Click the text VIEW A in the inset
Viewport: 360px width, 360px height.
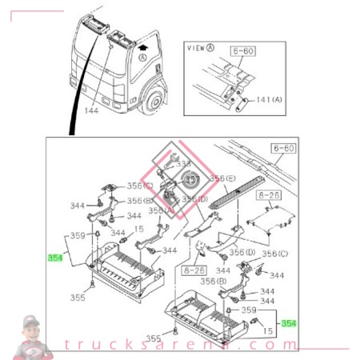point(199,48)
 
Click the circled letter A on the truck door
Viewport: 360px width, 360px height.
point(143,58)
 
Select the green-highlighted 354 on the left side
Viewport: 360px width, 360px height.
point(54,258)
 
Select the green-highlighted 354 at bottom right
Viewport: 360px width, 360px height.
point(289,322)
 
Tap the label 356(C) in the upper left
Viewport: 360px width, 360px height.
point(140,186)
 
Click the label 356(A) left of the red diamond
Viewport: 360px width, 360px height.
point(162,211)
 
